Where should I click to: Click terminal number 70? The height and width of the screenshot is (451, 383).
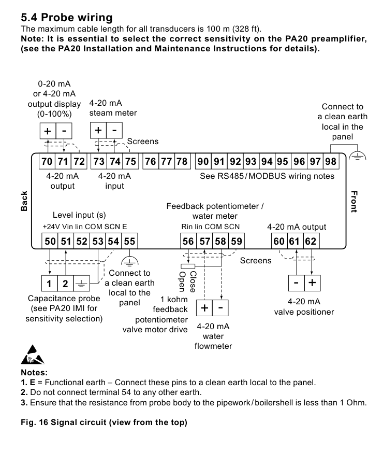[x=47, y=161]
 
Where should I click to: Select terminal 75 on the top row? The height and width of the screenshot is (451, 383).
[x=130, y=161]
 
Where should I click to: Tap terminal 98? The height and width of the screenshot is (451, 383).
[x=331, y=161]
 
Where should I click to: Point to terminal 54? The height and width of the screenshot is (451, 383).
[x=113, y=241]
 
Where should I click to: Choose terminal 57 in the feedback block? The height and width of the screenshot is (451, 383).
[x=205, y=241]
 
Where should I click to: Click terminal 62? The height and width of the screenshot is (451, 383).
[x=311, y=241]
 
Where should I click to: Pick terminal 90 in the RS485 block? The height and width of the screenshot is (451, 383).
[x=203, y=161]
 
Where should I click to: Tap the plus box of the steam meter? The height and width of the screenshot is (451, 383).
[x=98, y=130]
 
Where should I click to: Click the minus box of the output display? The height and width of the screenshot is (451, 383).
[x=64, y=131]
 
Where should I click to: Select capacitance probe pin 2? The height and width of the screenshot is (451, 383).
[x=65, y=284]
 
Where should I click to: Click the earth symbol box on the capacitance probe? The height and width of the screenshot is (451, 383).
[x=82, y=284]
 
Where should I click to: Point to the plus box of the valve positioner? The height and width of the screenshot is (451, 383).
[x=313, y=283]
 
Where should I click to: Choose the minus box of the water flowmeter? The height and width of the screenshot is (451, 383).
[x=220, y=308]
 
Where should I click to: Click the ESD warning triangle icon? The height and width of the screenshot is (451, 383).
[x=33, y=355]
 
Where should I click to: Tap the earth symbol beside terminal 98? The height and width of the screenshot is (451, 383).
[x=358, y=157]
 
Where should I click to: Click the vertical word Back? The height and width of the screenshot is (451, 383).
[x=24, y=201]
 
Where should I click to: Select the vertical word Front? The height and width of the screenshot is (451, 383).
[x=354, y=201]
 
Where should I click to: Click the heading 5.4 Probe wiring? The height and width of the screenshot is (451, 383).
[x=67, y=18]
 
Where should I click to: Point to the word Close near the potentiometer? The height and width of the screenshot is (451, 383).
[x=193, y=282]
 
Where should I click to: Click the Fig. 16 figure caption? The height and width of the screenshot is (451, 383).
[x=104, y=422]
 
